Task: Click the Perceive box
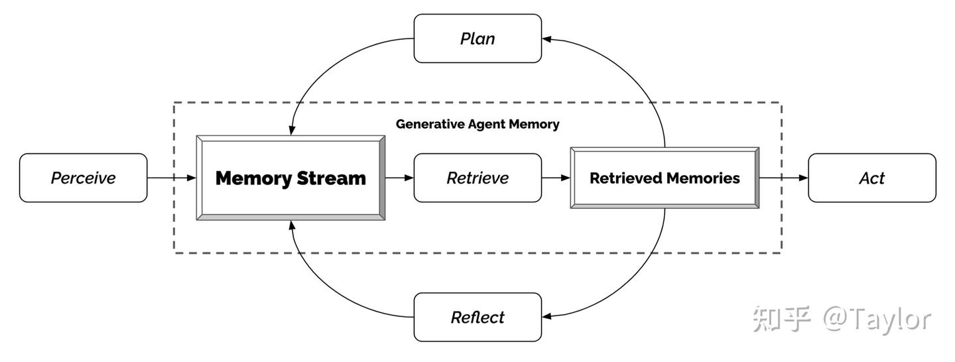(83, 178)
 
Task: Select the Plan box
(477, 38)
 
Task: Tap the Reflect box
(477, 317)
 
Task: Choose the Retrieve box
(477, 178)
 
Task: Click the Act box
(871, 178)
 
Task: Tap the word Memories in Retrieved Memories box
(705, 178)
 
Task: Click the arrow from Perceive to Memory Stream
(171, 178)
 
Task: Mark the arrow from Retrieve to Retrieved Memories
(556, 178)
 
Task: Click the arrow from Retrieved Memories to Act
(783, 178)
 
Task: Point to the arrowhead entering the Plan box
(547, 38)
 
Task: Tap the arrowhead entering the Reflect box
(547, 317)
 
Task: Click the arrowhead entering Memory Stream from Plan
(291, 131)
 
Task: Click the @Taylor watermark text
(877, 320)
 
